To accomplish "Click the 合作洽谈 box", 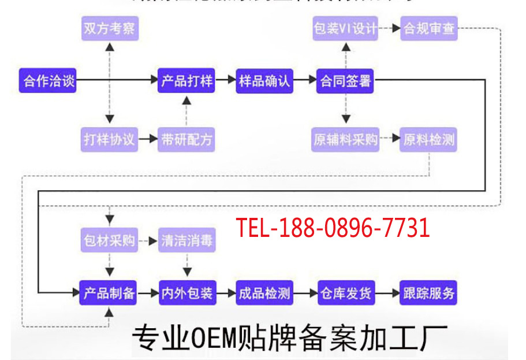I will pyautogui.click(x=49, y=81).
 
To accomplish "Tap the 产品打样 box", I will pyautogui.click(x=186, y=81).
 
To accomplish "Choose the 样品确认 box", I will pyautogui.click(x=264, y=81).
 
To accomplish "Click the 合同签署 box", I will pyautogui.click(x=345, y=81).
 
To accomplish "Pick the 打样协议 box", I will pyautogui.click(x=109, y=139).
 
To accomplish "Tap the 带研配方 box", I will pyautogui.click(x=186, y=139).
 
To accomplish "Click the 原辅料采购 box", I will pyautogui.click(x=345, y=139).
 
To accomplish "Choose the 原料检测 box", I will pyautogui.click(x=428, y=139).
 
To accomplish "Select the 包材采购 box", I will pyautogui.click(x=109, y=240).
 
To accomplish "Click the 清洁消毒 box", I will pyautogui.click(x=186, y=240).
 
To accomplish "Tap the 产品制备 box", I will pyautogui.click(x=109, y=293).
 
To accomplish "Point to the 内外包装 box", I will pyautogui.click(x=186, y=293).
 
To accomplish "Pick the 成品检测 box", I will pyautogui.click(x=264, y=293).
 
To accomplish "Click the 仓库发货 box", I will pyautogui.click(x=345, y=293).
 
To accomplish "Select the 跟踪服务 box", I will pyautogui.click(x=428, y=293).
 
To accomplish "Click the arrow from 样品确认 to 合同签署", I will pyautogui.click(x=304, y=81).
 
